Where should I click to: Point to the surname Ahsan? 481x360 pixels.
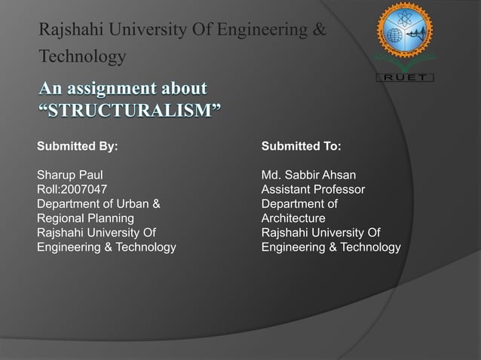(x=341, y=175)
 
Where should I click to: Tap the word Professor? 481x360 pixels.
(x=341, y=190)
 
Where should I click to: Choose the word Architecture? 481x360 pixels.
(x=293, y=218)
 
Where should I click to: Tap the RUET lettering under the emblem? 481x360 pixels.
(x=406, y=77)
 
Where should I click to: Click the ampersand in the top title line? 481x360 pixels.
(x=319, y=31)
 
